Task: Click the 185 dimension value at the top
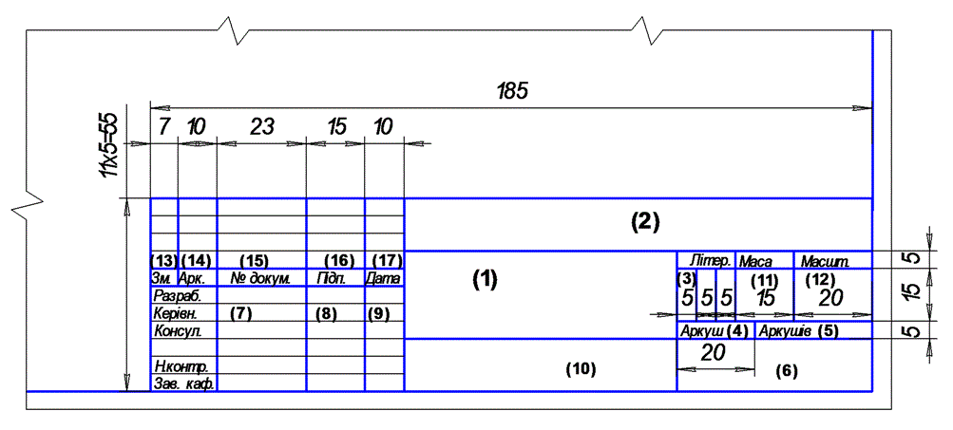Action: (513, 91)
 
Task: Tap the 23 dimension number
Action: (262, 127)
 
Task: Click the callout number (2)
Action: (644, 222)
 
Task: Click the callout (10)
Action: (581, 368)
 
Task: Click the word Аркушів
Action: (786, 331)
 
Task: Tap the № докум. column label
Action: (261, 279)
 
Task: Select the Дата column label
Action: (383, 279)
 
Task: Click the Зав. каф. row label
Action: (184, 384)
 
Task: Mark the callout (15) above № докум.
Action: (254, 260)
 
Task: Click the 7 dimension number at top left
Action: (162, 127)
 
